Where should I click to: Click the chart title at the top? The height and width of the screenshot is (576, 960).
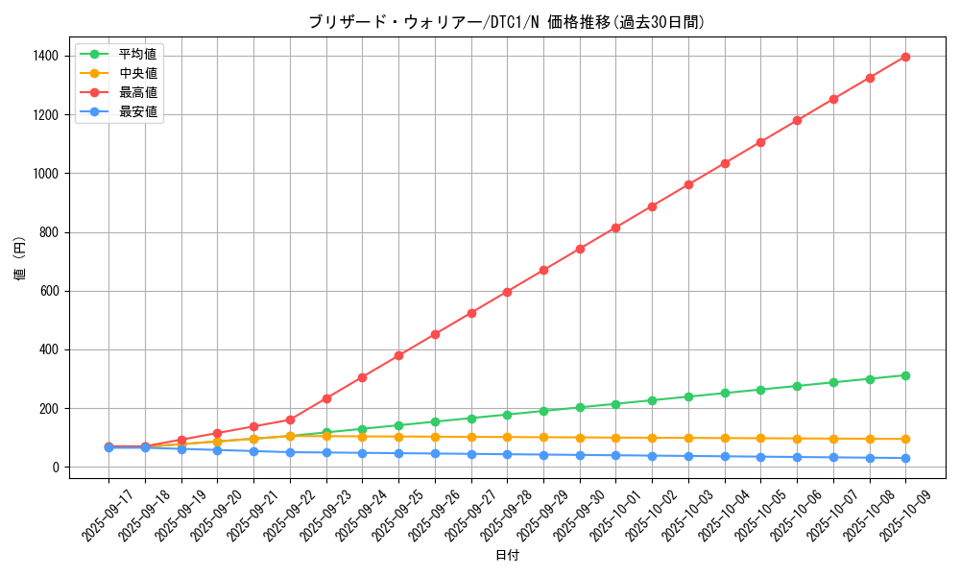[506, 22]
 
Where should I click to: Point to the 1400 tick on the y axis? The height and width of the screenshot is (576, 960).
[44, 57]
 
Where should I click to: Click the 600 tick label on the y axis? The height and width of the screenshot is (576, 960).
[48, 291]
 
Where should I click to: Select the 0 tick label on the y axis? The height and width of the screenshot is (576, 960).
[56, 468]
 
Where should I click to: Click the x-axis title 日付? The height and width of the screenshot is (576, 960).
[506, 556]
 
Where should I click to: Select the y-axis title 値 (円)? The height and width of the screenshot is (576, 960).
[19, 259]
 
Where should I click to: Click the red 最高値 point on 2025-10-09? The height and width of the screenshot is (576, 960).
[905, 57]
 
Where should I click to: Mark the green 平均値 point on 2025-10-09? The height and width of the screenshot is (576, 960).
[905, 375]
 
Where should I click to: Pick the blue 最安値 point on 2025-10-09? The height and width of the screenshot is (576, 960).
[905, 458]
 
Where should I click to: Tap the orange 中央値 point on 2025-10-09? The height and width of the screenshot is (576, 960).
[905, 439]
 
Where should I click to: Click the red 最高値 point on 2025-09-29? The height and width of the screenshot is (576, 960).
[543, 270]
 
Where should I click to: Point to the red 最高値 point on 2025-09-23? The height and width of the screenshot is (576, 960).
[326, 398]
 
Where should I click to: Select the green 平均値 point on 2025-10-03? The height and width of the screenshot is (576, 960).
[688, 396]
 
